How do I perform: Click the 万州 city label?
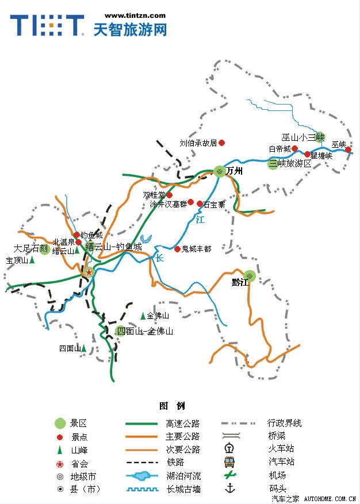coord(234,171)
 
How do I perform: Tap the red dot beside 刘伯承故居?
coord(221,143)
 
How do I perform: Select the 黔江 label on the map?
coord(239,282)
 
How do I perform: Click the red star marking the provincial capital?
coord(89,272)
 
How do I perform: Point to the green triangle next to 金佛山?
coord(143,316)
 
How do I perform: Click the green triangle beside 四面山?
coord(83,348)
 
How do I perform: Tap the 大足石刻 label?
coord(30,249)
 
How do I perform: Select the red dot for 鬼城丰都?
coord(177,249)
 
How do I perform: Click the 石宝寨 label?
coord(215,204)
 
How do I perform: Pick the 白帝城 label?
coord(279,149)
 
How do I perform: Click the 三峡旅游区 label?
coord(290,164)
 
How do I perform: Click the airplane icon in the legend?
coord(230,475)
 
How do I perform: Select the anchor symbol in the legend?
coord(230,488)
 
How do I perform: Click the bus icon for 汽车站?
coord(230,462)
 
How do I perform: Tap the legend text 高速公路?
coord(183,424)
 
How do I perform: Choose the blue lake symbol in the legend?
coord(140,476)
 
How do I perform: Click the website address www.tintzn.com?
coord(136,16)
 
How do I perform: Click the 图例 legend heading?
coord(172,406)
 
